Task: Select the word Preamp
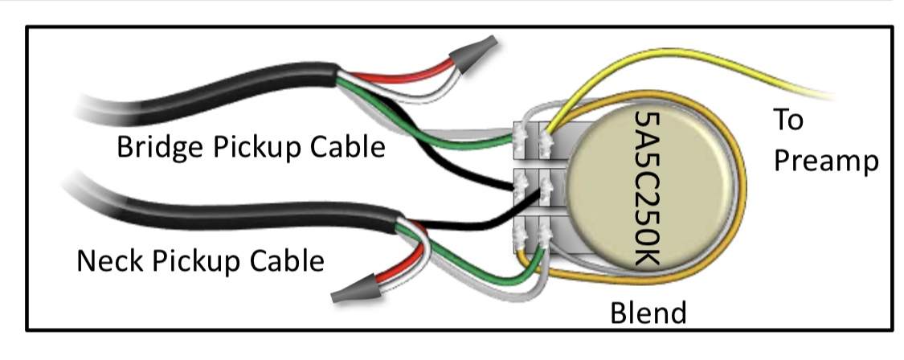[x=825, y=162]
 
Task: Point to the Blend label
[x=648, y=313]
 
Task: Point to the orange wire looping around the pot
[x=742, y=190]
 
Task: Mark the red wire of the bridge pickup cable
[x=403, y=76]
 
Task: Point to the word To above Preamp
[x=788, y=120]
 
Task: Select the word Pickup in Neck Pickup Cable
[x=196, y=261]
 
